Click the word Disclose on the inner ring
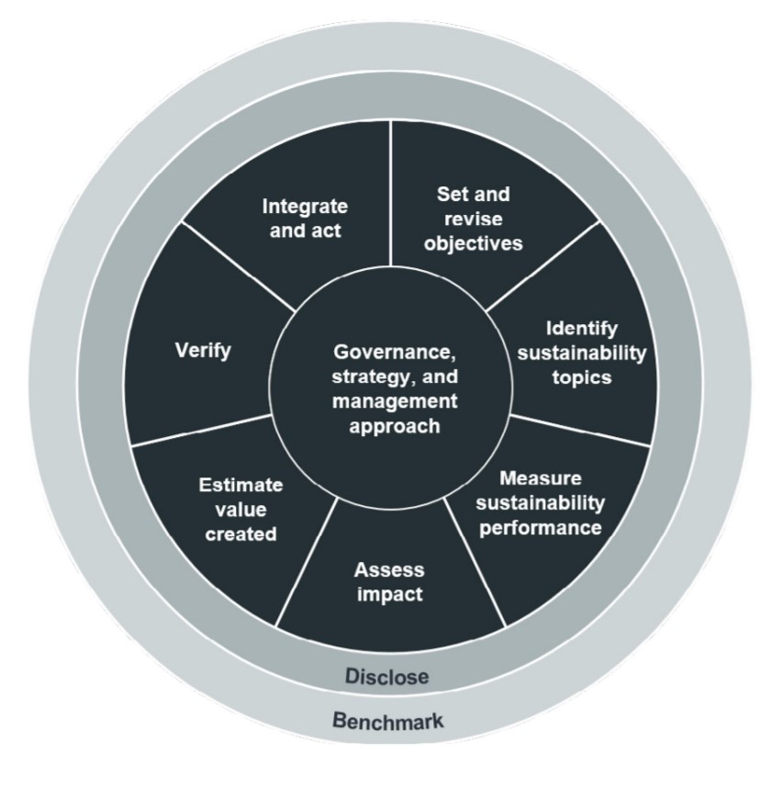pyautogui.click(x=386, y=677)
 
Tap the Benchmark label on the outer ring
pyautogui.click(x=386, y=722)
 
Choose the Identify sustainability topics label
pyautogui.click(x=582, y=353)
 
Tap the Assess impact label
pyautogui.click(x=387, y=581)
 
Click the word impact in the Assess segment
pyautogui.click(x=387, y=594)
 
